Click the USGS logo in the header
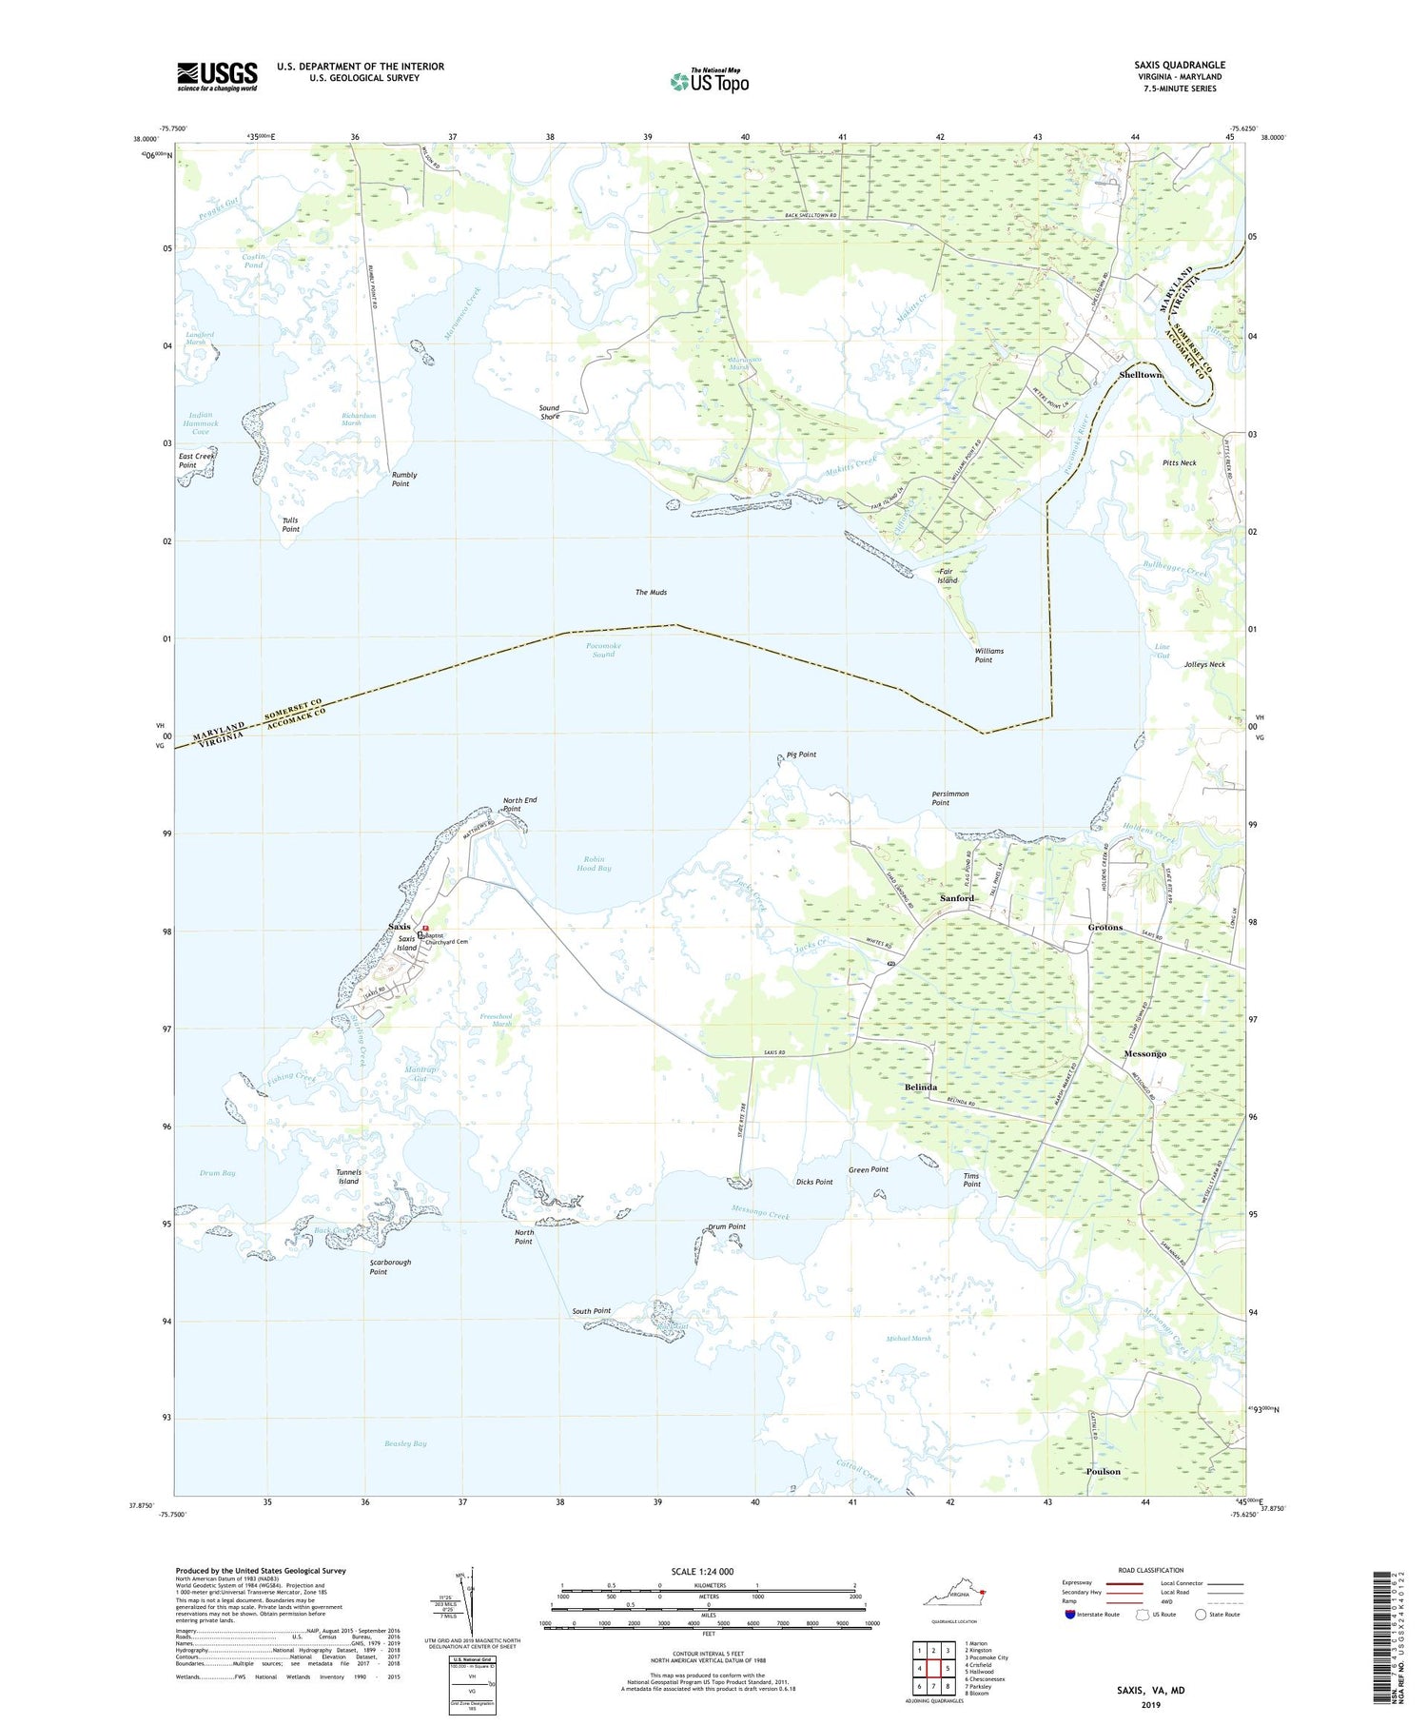(x=217, y=76)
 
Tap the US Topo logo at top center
(x=709, y=82)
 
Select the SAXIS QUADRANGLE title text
(x=1179, y=66)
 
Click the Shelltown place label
(x=1141, y=375)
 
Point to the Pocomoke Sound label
(x=603, y=650)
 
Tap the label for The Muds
(x=651, y=593)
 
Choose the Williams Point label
(x=988, y=656)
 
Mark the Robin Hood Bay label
(x=594, y=864)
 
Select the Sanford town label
(x=957, y=898)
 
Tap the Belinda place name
(x=920, y=1087)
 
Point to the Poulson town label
(x=1103, y=1471)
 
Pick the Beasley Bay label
(x=405, y=1443)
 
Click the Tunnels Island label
(x=348, y=1177)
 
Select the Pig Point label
(x=801, y=755)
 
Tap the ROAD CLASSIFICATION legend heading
(x=1151, y=1570)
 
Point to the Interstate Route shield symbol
(x=1069, y=1615)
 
